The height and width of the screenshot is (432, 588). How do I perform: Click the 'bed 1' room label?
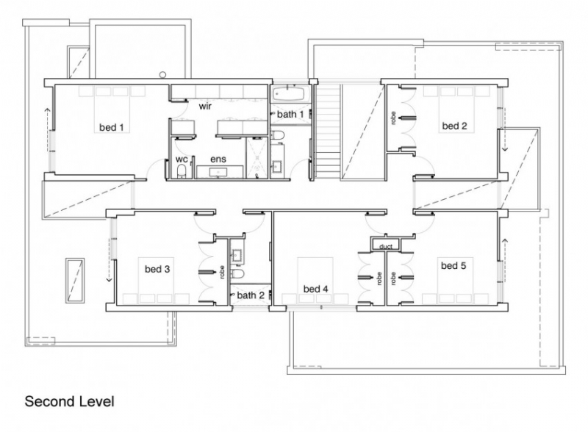(111, 127)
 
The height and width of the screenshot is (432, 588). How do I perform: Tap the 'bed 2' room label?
(453, 126)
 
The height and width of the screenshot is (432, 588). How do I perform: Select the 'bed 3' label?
(157, 269)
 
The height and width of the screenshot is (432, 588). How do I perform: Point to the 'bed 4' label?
(315, 289)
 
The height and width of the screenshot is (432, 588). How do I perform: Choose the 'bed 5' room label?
(453, 265)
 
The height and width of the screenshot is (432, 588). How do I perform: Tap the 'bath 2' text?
(251, 295)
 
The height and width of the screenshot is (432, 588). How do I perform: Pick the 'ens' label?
(218, 159)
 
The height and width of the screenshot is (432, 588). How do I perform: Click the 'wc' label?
(181, 159)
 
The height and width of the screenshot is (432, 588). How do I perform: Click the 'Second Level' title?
(70, 402)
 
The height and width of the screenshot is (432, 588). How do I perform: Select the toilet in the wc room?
(182, 173)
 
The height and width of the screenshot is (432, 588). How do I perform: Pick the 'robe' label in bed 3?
(221, 272)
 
